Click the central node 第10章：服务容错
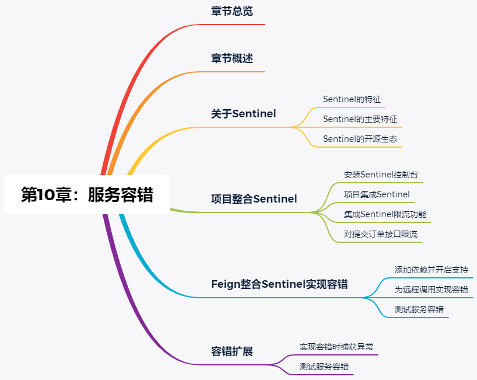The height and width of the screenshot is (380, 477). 87,194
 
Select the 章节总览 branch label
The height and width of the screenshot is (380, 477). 232,11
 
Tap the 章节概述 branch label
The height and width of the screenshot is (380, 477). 232,58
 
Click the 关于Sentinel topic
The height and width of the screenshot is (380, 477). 243,114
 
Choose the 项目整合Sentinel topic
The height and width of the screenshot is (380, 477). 254,199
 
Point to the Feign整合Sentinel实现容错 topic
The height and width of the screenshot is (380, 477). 279,284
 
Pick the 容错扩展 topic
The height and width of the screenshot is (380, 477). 232,351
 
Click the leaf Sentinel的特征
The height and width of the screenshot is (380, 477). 352,99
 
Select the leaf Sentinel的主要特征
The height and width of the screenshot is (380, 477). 360,119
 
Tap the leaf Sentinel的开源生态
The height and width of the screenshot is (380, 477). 360,139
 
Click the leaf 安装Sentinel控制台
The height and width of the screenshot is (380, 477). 381,175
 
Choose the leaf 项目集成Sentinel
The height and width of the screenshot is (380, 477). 377,194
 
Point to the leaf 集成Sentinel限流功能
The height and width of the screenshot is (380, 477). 385,214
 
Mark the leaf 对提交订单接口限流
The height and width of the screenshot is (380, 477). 381,234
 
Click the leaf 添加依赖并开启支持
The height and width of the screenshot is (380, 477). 431,270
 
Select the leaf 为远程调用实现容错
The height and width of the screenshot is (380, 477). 431,290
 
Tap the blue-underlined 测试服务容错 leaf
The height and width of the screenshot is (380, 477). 419,309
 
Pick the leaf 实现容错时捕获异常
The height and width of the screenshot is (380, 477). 336,347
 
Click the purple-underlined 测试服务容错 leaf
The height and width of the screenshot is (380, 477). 324,367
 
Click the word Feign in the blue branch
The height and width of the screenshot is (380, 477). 226,284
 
